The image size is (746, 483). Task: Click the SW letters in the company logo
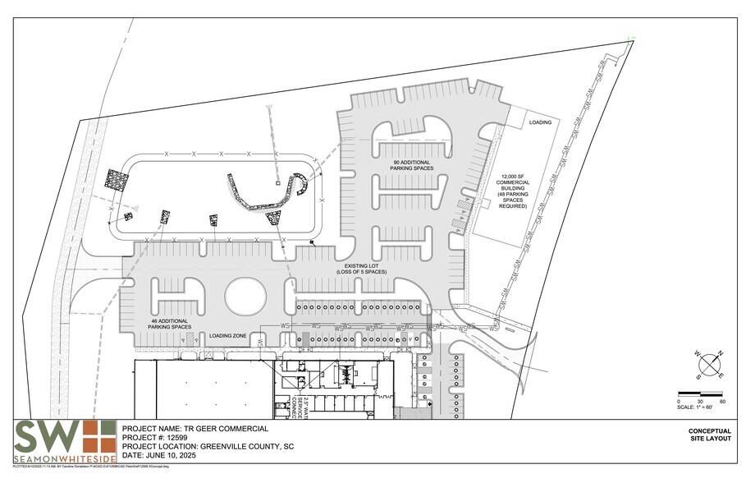click(x=45, y=435)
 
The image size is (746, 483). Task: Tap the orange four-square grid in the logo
click(x=97, y=435)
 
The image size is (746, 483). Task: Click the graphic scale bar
click(x=699, y=394)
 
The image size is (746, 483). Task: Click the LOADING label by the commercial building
click(x=540, y=122)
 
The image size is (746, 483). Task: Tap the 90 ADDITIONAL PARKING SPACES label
click(x=412, y=165)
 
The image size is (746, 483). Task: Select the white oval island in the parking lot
click(x=245, y=296)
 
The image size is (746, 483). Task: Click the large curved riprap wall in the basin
click(x=260, y=197)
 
